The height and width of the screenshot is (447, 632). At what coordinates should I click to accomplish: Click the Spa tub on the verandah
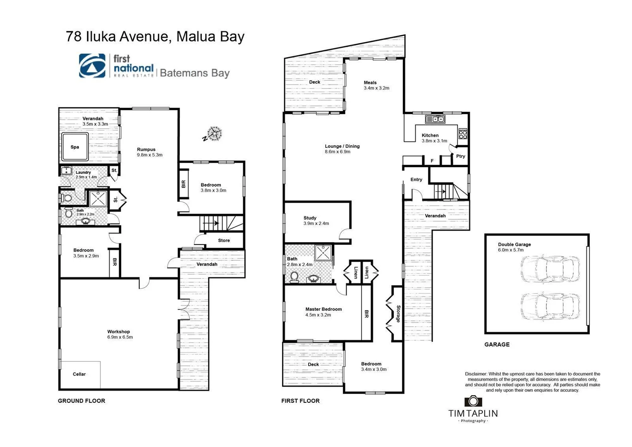point(75,147)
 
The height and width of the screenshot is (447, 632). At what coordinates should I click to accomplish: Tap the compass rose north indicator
point(214,134)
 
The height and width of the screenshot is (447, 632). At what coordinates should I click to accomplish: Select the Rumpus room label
point(146,149)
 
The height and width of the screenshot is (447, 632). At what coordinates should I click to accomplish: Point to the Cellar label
point(79,374)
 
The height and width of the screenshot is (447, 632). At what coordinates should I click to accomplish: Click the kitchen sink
point(435,120)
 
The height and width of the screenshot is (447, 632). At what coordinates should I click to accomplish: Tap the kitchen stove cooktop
point(463,134)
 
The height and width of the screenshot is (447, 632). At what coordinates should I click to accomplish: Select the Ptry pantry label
point(460,156)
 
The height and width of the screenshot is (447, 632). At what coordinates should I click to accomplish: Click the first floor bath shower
point(323,252)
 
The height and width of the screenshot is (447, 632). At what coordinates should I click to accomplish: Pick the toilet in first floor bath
point(295,276)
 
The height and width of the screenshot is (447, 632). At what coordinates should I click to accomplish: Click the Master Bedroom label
point(323,309)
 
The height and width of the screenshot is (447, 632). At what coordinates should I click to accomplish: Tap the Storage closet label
point(398,314)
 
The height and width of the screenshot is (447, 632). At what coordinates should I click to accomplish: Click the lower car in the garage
point(550,307)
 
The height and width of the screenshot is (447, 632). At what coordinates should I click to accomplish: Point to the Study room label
point(310,218)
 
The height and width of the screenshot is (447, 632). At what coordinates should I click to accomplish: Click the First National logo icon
point(92,66)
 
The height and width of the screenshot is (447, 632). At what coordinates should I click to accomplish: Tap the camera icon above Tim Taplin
point(473,401)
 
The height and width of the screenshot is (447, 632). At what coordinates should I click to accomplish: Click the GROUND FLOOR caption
point(81,401)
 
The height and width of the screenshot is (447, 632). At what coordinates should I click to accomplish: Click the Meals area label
point(370,82)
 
